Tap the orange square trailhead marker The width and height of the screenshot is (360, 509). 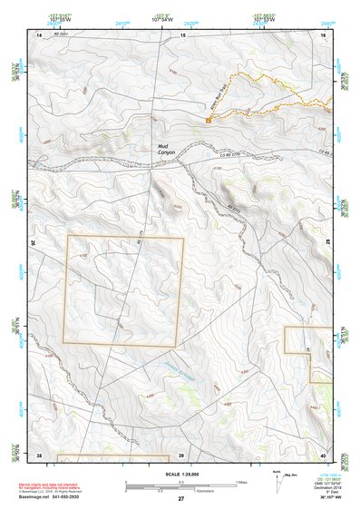point(209,119)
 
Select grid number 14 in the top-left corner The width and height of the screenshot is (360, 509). point(39,34)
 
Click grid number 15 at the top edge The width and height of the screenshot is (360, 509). point(182,34)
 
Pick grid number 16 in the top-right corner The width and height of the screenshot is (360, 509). point(323,34)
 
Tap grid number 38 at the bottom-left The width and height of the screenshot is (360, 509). point(39,454)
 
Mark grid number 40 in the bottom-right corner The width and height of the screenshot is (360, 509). point(323,454)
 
